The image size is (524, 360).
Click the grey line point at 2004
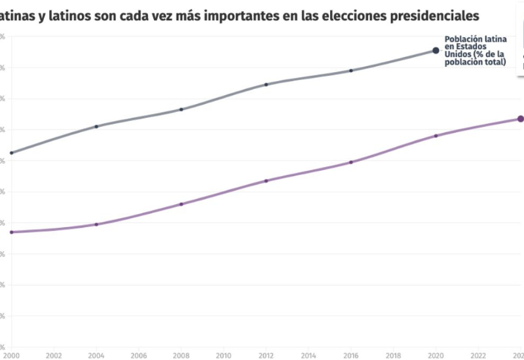[x=96, y=126]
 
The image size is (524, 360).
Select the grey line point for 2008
[x=181, y=109]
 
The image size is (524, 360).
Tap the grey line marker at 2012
[x=266, y=84]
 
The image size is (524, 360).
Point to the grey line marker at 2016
[x=351, y=71]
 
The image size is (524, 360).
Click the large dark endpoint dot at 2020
[x=436, y=50]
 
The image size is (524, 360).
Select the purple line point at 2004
[x=96, y=225]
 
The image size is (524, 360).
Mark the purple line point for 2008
[x=181, y=204]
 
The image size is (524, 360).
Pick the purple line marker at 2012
[x=266, y=181]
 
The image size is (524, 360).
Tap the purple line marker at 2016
[x=351, y=162]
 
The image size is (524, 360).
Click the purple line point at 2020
[x=436, y=135]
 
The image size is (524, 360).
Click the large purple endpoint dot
[x=521, y=118]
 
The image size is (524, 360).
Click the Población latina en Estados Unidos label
[x=476, y=51]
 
